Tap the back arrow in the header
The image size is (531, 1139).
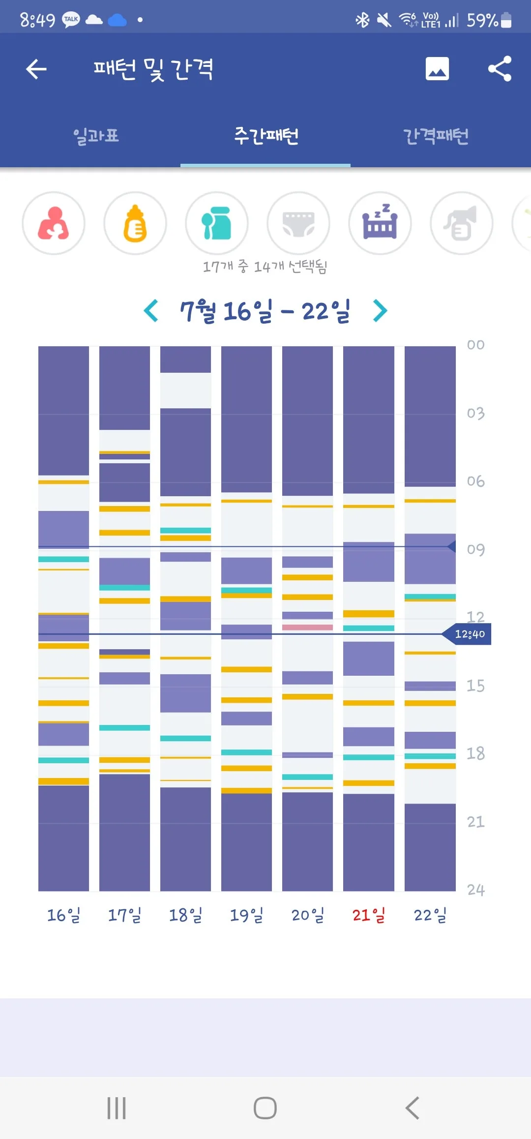[x=36, y=69]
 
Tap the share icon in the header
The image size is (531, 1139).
[x=500, y=68]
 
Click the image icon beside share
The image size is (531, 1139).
[x=437, y=68]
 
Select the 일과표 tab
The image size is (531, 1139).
[x=96, y=136]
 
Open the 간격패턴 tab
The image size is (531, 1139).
[x=436, y=136]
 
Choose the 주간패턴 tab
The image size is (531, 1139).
[x=266, y=136]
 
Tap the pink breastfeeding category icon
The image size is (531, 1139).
[x=54, y=223]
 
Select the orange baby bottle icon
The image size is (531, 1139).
[x=135, y=223]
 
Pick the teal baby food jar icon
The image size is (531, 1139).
[x=217, y=223]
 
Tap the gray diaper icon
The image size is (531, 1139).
[x=298, y=223]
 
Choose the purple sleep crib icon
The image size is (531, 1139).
[x=380, y=223]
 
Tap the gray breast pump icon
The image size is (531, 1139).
[x=462, y=223]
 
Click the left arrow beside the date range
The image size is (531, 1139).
[x=151, y=311]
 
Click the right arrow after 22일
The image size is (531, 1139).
[x=380, y=311]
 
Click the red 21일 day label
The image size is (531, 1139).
[x=369, y=915]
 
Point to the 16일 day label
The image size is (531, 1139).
[x=63, y=915]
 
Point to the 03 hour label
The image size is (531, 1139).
[x=475, y=413]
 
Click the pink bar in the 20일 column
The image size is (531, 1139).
[x=307, y=627]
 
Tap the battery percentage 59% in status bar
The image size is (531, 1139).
[x=482, y=20]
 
